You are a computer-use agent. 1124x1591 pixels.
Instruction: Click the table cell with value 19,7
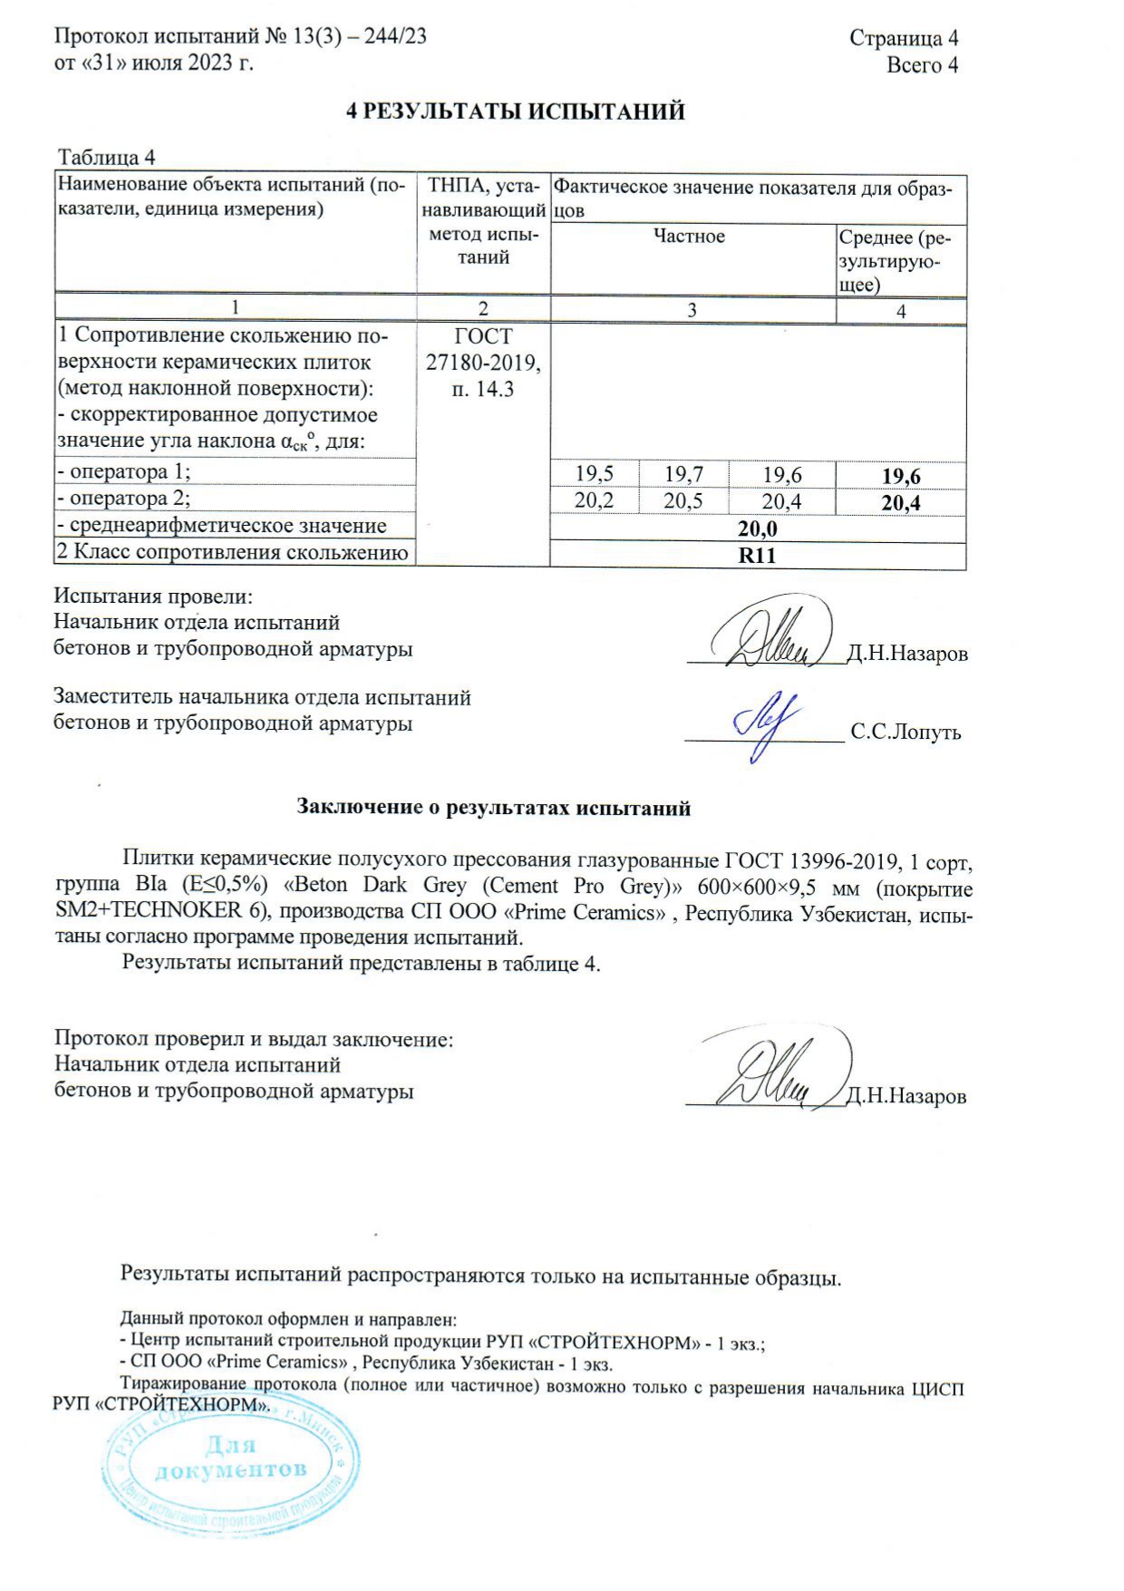tap(683, 473)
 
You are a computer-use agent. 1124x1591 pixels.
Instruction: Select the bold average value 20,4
tap(901, 503)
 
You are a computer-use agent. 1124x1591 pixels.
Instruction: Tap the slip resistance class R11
tap(758, 556)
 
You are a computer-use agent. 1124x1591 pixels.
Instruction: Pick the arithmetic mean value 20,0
tap(758, 529)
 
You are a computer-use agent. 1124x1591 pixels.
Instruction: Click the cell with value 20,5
tap(683, 501)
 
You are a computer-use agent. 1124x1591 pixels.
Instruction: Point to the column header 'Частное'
tap(690, 237)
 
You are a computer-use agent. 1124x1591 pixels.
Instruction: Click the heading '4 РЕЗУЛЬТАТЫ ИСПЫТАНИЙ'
tap(517, 112)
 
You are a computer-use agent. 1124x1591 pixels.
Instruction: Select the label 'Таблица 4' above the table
tap(107, 158)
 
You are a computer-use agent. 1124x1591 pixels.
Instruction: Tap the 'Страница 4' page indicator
tap(903, 38)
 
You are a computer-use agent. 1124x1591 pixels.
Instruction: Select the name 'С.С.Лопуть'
tap(906, 732)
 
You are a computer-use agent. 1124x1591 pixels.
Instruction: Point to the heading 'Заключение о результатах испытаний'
tap(494, 808)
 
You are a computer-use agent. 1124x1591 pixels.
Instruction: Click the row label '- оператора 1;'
tap(124, 471)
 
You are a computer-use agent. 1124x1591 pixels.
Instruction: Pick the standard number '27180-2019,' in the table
tap(483, 363)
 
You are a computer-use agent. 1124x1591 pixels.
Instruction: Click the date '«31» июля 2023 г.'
tap(167, 63)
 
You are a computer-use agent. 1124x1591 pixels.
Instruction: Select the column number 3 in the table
tap(692, 310)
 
